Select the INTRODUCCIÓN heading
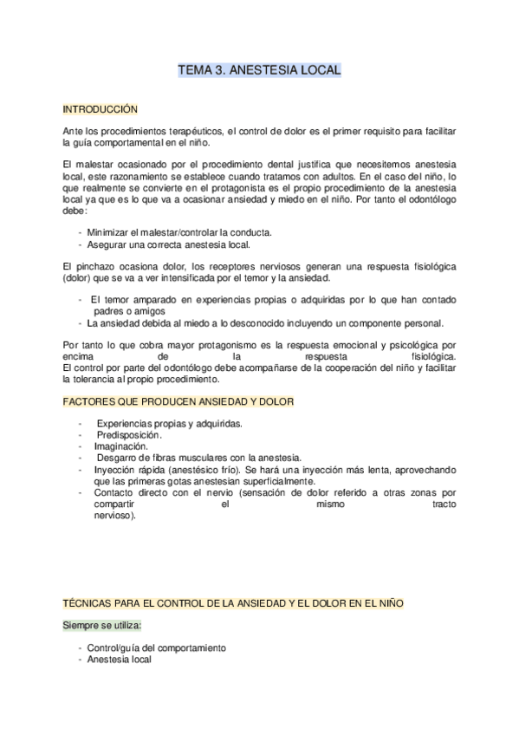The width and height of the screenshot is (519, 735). coord(101,110)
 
